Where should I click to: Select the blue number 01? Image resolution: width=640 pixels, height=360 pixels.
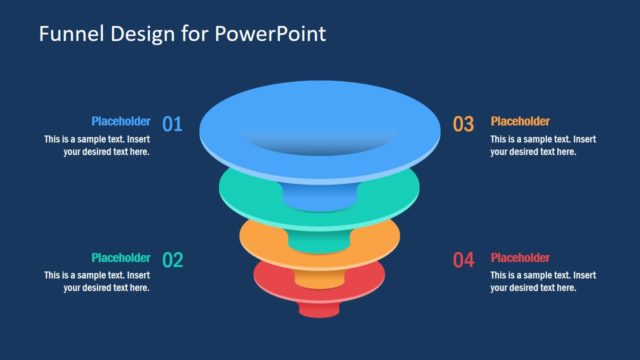(172, 124)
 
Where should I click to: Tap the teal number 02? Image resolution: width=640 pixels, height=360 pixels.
(173, 260)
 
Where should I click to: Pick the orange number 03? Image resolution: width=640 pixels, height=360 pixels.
(463, 124)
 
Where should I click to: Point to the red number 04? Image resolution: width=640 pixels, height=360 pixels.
(463, 260)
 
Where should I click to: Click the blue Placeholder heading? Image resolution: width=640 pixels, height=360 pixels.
(120, 121)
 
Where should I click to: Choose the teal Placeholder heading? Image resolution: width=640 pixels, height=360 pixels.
(120, 257)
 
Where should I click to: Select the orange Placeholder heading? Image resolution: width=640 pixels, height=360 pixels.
(520, 121)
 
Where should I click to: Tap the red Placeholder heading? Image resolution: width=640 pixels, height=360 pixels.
(520, 257)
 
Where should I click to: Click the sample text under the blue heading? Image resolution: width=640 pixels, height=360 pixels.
(97, 146)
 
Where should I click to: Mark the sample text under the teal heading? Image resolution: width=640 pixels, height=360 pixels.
(97, 282)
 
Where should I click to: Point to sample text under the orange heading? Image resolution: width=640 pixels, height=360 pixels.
(543, 146)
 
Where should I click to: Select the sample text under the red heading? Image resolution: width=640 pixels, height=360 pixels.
(543, 282)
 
